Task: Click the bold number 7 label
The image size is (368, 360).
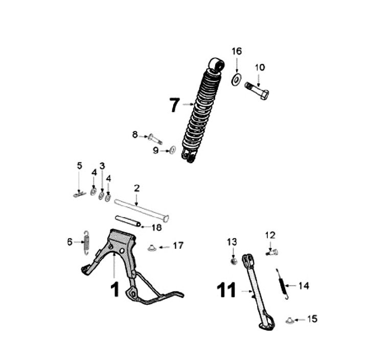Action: tap(174, 105)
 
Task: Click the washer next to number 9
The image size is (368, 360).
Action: tap(172, 150)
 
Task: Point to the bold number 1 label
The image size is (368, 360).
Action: tap(114, 290)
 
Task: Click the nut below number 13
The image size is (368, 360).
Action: tap(233, 261)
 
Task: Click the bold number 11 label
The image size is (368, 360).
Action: tap(225, 291)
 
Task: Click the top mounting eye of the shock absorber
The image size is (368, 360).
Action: tap(216, 65)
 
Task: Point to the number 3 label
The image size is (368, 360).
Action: tap(102, 165)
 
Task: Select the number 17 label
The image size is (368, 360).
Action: tap(178, 246)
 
